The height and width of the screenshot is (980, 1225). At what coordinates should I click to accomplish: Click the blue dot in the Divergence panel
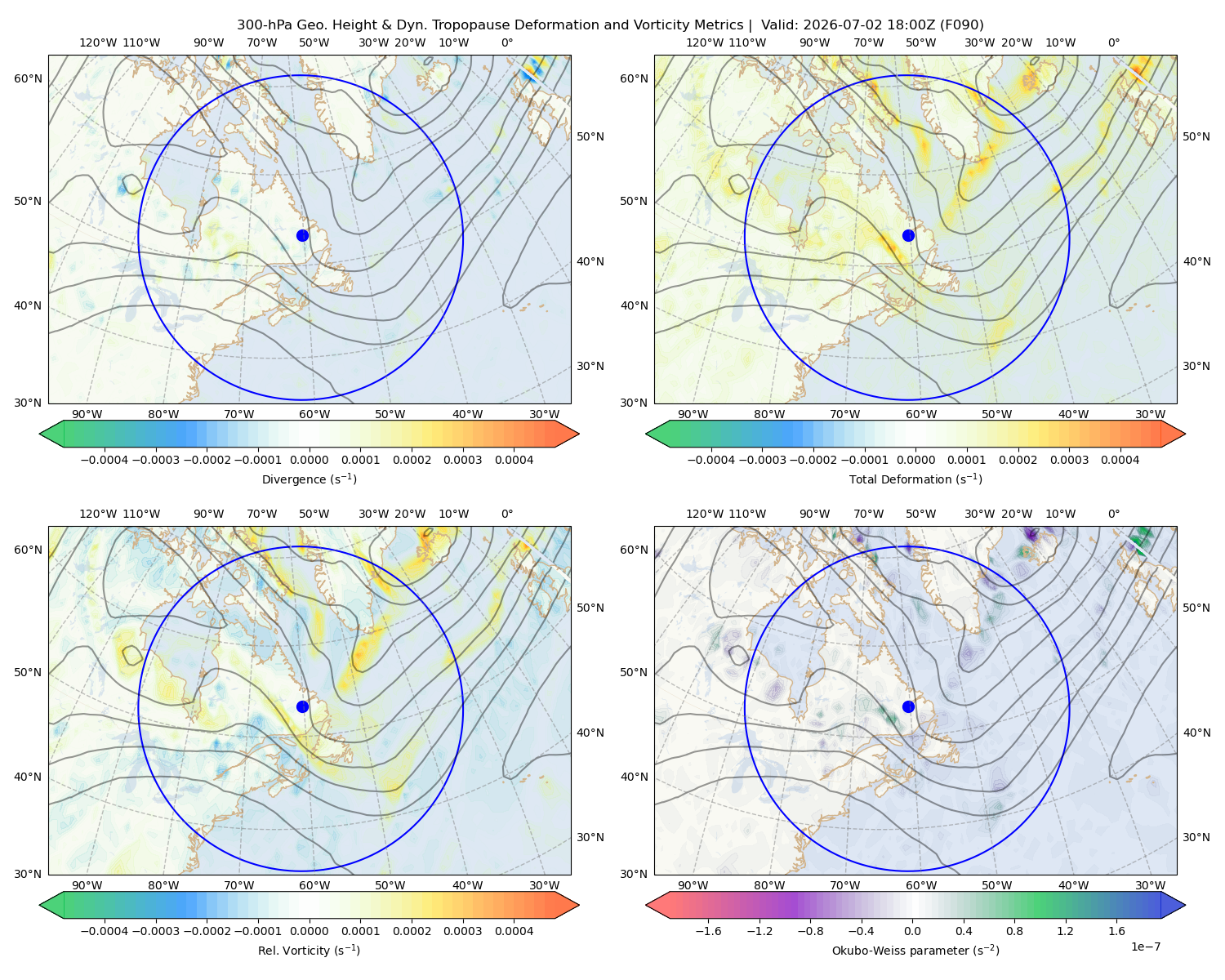[x=302, y=235]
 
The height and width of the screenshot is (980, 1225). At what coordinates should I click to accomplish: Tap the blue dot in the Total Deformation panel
[x=908, y=235]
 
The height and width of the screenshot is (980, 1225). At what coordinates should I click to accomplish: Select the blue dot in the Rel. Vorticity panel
[x=302, y=706]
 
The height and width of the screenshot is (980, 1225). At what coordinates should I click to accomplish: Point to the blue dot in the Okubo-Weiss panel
[x=908, y=706]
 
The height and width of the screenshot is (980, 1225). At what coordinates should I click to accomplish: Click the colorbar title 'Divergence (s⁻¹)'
[x=309, y=479]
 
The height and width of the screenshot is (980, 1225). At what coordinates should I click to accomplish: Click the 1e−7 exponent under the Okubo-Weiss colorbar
[x=1145, y=947]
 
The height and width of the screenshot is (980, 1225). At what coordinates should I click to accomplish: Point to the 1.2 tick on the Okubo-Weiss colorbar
[x=1065, y=930]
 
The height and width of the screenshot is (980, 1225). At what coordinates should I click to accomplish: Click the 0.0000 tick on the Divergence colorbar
[x=309, y=460]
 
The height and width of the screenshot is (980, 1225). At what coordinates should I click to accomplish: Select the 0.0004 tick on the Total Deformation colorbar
[x=1120, y=460]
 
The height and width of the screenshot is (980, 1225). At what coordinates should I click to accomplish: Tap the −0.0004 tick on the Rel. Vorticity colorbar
[x=105, y=930]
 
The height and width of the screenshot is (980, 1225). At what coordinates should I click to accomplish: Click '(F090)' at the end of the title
[x=962, y=25]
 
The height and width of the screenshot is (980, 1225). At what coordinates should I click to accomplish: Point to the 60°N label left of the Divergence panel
[x=28, y=78]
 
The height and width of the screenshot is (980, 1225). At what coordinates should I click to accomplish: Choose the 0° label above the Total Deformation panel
[x=1113, y=42]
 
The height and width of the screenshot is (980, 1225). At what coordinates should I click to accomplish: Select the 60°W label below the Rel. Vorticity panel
[x=314, y=885]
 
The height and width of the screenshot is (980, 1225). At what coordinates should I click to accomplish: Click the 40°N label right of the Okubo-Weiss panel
[x=1196, y=733]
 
